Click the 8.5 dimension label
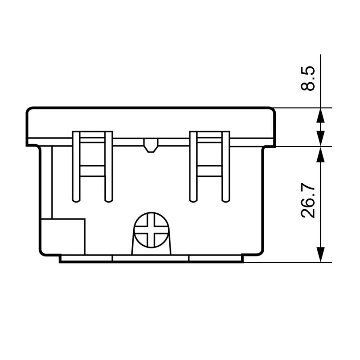point(308,78)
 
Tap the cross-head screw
point(151,230)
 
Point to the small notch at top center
point(151,145)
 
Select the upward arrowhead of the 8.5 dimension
point(320,116)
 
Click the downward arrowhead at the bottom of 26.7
point(320,254)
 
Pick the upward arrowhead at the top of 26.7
point(320,154)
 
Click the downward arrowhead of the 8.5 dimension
point(320,139)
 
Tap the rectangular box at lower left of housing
point(63,237)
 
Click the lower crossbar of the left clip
point(93,171)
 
